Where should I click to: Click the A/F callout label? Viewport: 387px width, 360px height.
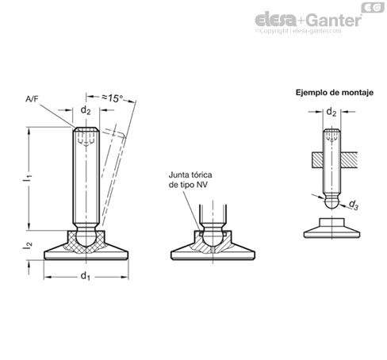click(32, 99)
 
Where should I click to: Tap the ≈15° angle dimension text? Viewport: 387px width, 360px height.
click(113, 98)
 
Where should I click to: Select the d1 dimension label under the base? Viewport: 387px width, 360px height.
click(85, 276)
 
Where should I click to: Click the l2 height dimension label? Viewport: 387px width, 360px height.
click(28, 245)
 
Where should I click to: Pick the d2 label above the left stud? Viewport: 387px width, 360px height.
click(86, 109)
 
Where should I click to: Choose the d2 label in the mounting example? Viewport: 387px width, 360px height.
click(331, 112)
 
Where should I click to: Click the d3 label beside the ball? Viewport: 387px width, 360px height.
click(354, 205)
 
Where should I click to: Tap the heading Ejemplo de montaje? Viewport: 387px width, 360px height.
click(335, 93)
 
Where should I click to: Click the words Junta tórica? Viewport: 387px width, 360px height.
click(190, 175)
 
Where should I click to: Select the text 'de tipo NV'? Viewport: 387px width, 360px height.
click(188, 185)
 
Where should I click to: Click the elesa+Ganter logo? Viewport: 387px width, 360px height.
click(308, 20)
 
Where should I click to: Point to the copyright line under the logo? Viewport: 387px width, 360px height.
click(298, 31)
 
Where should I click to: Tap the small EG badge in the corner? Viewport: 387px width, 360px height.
click(373, 8)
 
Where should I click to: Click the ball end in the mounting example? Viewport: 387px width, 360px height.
click(331, 203)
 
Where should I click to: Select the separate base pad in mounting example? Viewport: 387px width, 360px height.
click(331, 228)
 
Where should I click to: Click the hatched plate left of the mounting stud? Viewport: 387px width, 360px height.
click(317, 160)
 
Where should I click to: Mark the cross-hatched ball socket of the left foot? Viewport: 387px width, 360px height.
click(86, 242)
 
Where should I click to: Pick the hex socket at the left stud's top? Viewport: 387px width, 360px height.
click(86, 137)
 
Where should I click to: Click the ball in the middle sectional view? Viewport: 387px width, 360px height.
click(213, 237)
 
